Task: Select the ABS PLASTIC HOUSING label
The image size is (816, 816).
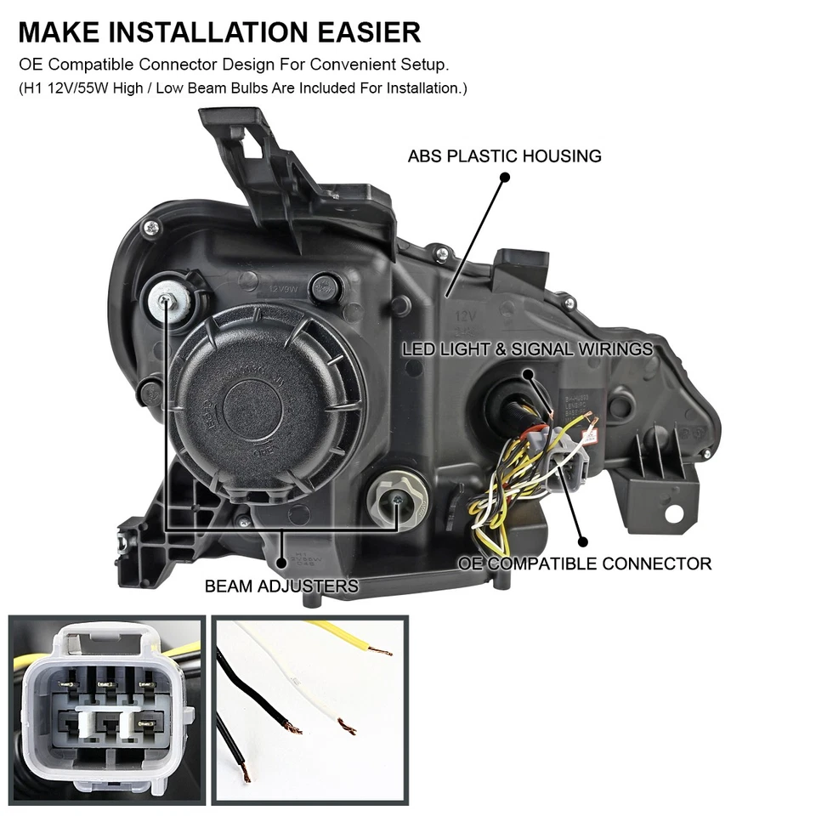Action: coord(504,156)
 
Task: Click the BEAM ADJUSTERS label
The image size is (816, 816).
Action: coord(281,586)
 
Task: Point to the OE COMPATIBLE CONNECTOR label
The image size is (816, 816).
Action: coord(585,564)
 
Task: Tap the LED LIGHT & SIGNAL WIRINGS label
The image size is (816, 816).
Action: coord(527,349)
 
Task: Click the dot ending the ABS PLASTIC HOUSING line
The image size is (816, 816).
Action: coord(504,178)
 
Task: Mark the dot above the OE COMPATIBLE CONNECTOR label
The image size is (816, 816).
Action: coord(582,541)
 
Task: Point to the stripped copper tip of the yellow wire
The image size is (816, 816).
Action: coord(382,653)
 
